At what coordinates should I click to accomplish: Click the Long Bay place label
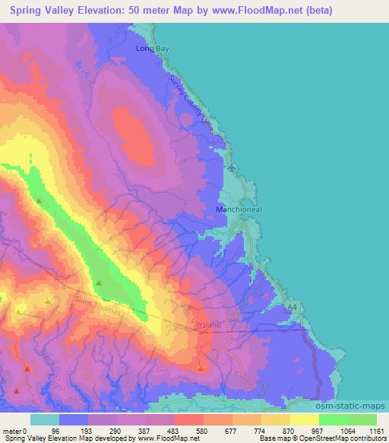[151, 48]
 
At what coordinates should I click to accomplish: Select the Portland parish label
[206, 325]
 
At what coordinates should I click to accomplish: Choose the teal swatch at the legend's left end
[44, 419]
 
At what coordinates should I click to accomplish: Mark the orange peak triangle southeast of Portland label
[201, 368]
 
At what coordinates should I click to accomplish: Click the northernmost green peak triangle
[39, 200]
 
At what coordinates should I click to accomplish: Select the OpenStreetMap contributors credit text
[350, 438]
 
